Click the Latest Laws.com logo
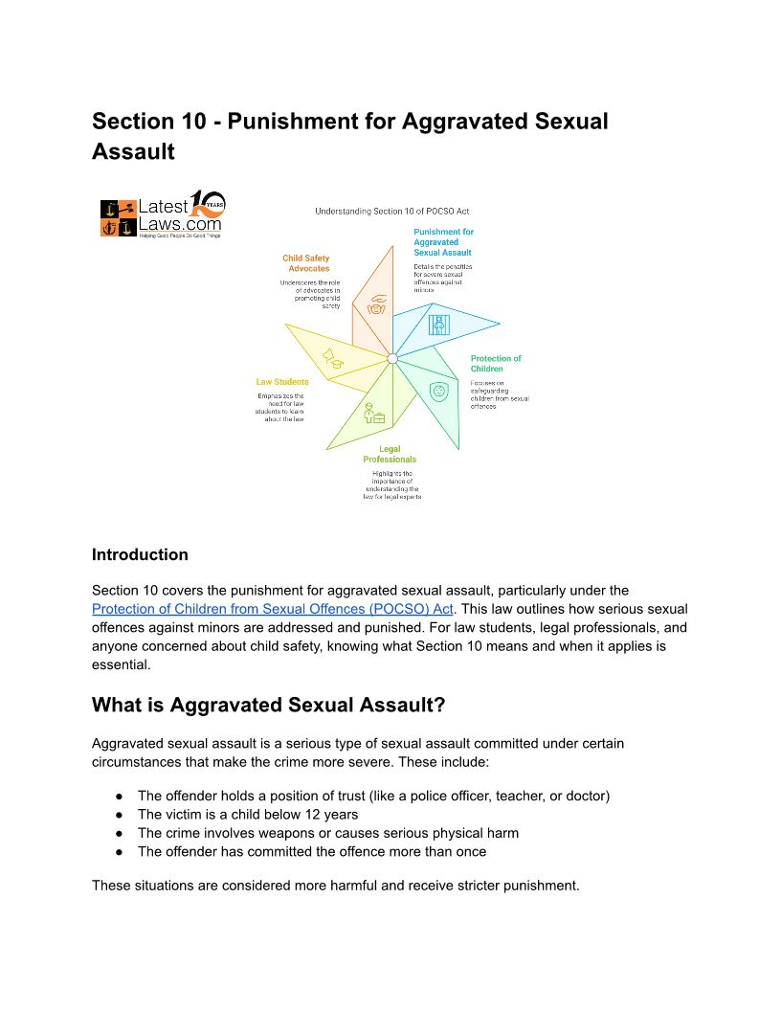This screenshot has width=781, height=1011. click(x=162, y=213)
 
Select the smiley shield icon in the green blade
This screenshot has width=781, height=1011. click(x=438, y=392)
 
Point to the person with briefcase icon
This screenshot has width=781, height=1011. click(x=371, y=414)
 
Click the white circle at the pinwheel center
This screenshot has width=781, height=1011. click(x=391, y=358)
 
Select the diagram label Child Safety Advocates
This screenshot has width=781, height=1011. click(x=305, y=263)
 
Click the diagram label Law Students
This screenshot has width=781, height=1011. click(x=281, y=382)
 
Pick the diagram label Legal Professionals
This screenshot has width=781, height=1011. click(x=390, y=454)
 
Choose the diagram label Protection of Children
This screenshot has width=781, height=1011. click(x=496, y=364)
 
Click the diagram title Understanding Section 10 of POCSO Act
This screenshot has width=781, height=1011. click(x=392, y=211)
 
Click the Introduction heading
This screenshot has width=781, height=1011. click(x=140, y=554)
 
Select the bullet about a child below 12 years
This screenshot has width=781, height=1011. click(x=248, y=815)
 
